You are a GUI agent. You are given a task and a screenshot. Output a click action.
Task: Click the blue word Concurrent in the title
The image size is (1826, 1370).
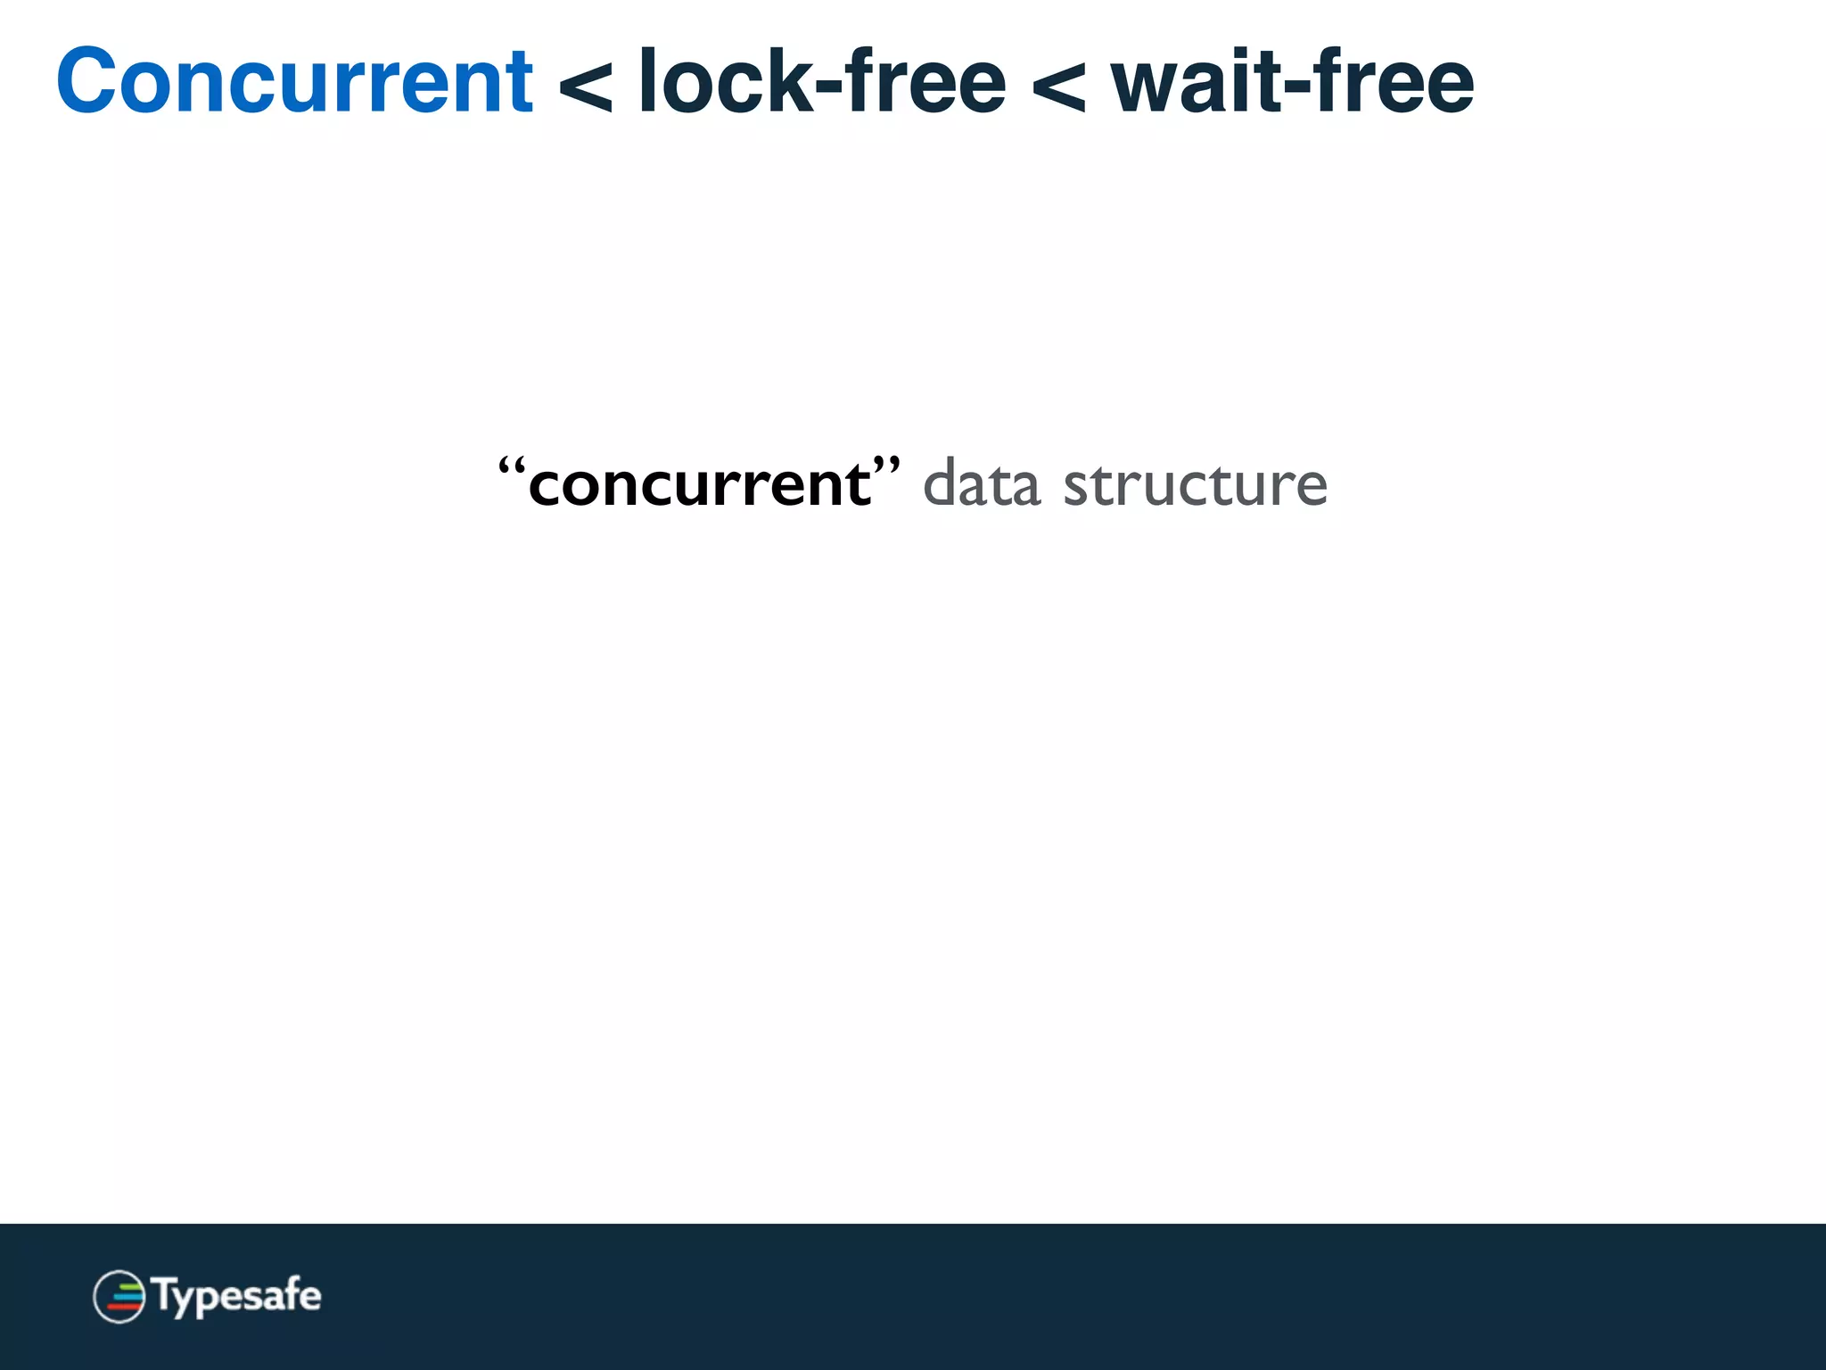tap(294, 82)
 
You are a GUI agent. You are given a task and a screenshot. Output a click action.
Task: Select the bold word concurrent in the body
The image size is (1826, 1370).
tap(699, 485)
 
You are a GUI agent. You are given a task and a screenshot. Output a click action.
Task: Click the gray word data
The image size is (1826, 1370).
tap(981, 485)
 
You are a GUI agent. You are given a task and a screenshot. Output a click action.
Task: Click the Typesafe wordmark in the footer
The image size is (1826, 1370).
tap(237, 1296)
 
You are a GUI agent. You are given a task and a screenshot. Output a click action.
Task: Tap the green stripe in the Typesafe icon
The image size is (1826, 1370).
tap(129, 1286)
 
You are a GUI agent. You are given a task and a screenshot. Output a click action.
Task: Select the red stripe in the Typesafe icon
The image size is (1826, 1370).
tap(124, 1307)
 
